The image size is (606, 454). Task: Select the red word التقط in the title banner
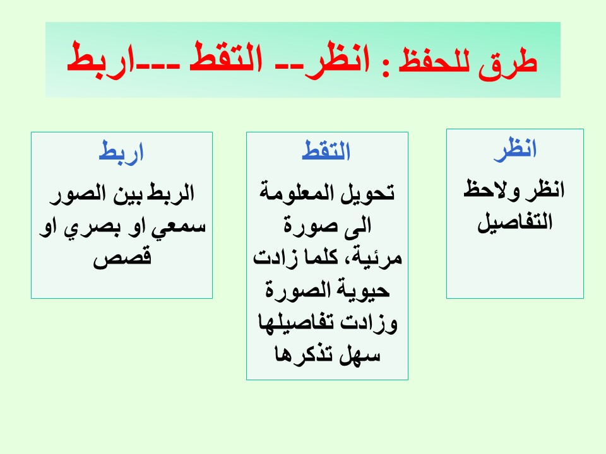226,58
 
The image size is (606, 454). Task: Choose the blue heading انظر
515,149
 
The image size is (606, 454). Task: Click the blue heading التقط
326,150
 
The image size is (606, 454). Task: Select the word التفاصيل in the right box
515,222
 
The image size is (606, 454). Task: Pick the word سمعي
177,226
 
